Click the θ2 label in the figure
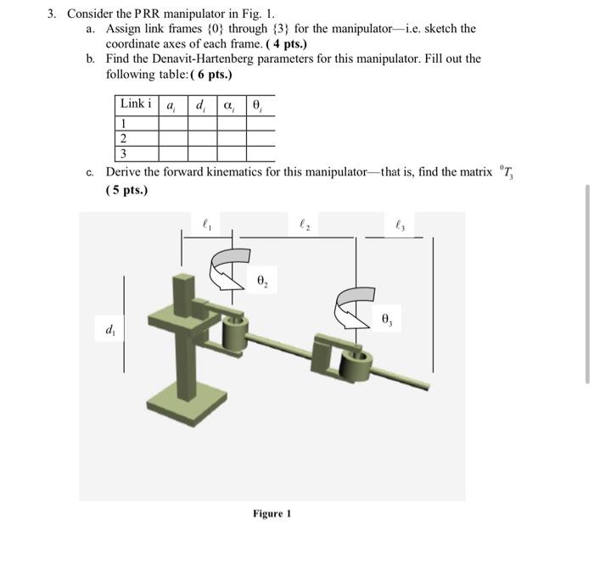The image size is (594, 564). [x=262, y=281]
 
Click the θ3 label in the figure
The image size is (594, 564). [x=387, y=320]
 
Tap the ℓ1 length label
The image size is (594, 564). [x=207, y=226]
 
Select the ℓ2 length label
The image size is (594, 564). [x=305, y=226]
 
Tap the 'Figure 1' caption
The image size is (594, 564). [x=272, y=513]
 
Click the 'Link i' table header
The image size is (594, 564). [x=136, y=104]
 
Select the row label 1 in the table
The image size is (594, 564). [x=124, y=123]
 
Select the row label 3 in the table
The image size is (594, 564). [x=124, y=154]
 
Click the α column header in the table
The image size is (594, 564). [x=231, y=105]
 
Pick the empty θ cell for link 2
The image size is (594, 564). [x=261, y=138]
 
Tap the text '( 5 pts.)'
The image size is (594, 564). [x=126, y=189]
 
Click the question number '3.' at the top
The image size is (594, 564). [x=52, y=13]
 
